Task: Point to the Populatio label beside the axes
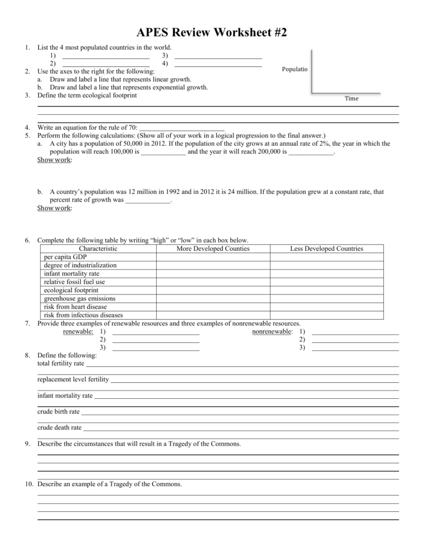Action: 295,70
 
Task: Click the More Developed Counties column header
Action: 213,249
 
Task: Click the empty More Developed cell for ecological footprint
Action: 213,290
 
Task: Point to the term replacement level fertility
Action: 73,379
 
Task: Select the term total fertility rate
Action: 61,364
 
